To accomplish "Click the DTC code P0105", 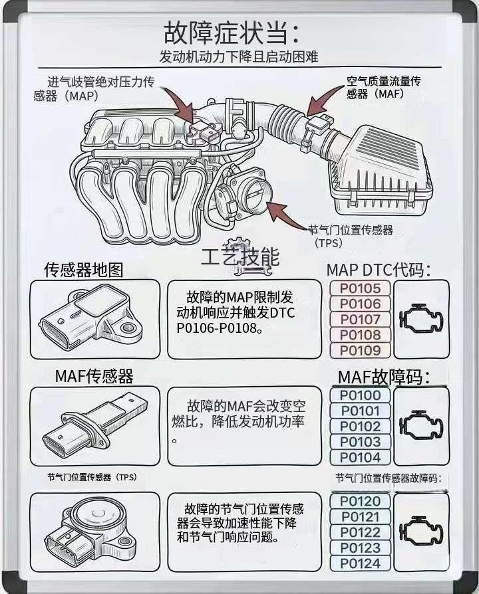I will click(x=360, y=288).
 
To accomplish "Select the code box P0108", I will click(x=360, y=335).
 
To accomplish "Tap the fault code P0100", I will click(x=360, y=395).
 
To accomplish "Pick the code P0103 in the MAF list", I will click(x=360, y=442).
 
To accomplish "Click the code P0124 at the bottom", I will click(x=360, y=563).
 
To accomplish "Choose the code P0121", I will click(x=360, y=517).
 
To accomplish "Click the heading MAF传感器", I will click(x=94, y=376).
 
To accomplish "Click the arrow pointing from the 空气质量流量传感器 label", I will click(x=323, y=102).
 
